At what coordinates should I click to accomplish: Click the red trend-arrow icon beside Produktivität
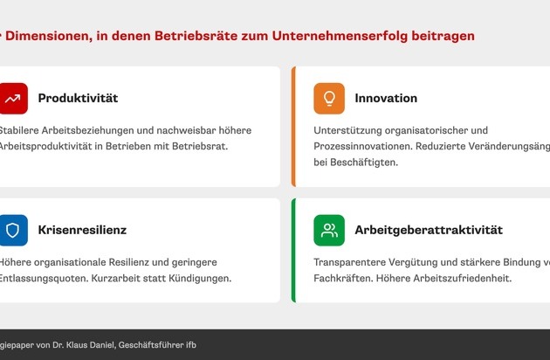tap(13, 99)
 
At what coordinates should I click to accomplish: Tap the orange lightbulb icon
tap(329, 99)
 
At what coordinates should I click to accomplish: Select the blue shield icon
tap(13, 231)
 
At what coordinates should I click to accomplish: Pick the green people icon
tap(329, 231)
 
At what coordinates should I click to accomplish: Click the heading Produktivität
tap(78, 99)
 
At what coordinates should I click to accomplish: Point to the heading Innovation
tap(386, 99)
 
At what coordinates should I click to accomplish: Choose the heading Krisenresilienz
tap(82, 231)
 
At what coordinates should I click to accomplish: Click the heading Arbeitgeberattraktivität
tap(429, 231)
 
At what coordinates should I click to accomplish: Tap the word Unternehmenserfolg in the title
tap(337, 36)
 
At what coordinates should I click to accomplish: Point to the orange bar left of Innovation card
tap(293, 127)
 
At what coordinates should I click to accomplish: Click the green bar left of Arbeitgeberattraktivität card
tap(293, 251)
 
